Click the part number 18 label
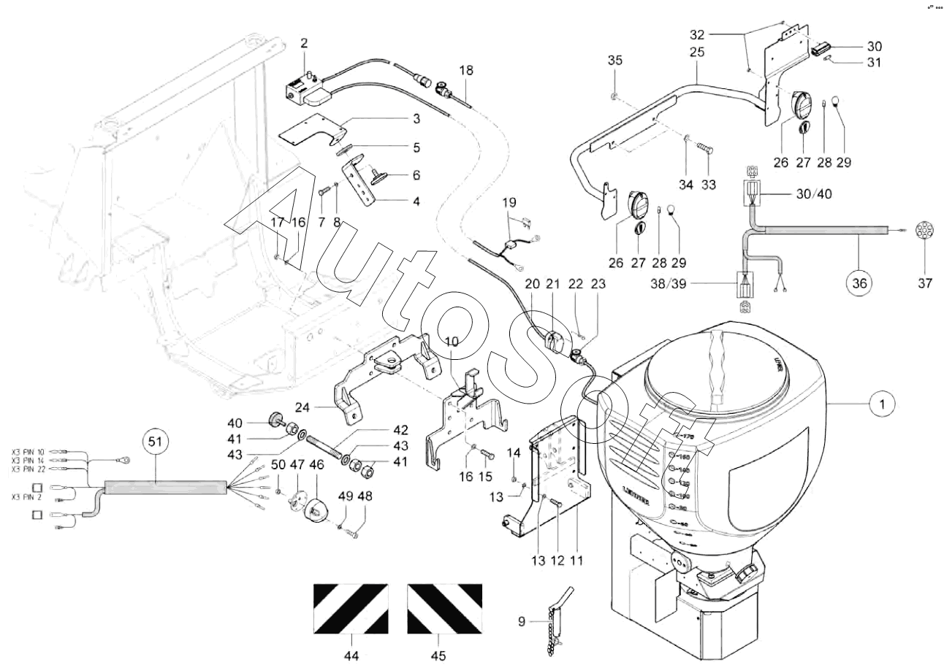(466, 70)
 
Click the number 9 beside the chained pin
(522, 622)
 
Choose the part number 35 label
(615, 60)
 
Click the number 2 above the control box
(304, 44)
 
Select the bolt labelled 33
(705, 150)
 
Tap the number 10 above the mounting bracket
(452, 341)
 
